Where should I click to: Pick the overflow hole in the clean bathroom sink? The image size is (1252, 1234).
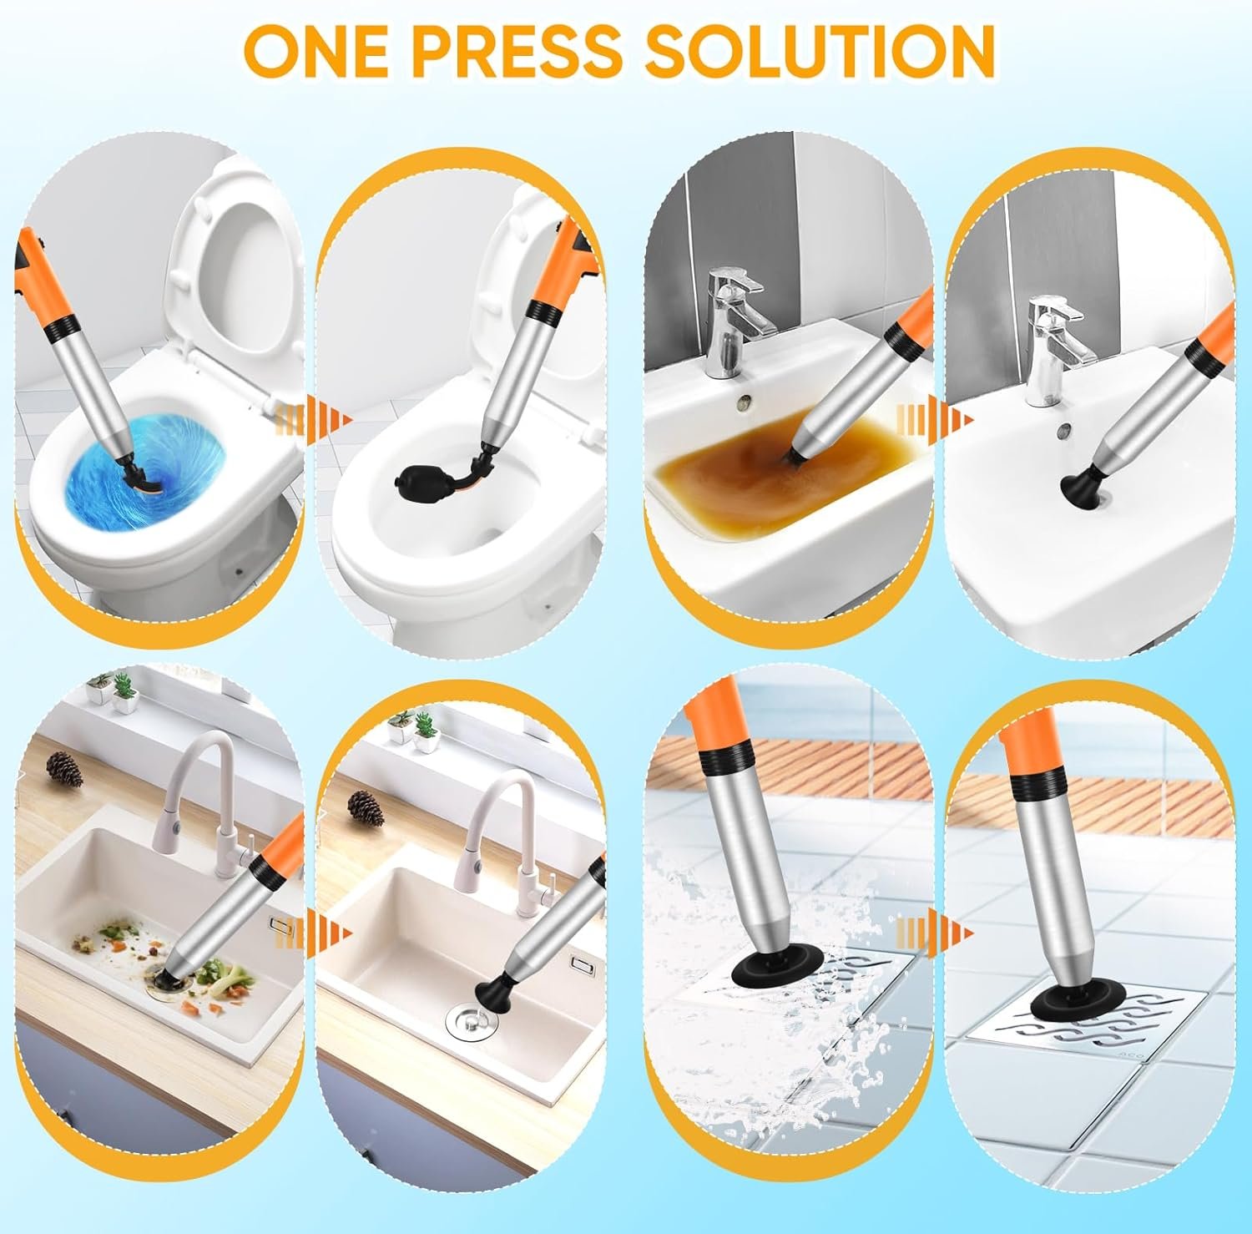coord(1064,432)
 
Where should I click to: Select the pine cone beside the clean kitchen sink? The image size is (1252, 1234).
coord(365,808)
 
